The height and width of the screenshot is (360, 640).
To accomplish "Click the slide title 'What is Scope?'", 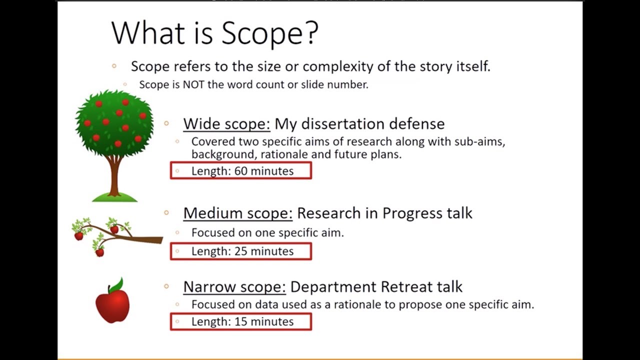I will click(x=214, y=33).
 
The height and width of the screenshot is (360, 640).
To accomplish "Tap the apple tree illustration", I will click(x=114, y=125).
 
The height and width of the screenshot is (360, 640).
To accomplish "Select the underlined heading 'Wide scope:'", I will click(x=226, y=123).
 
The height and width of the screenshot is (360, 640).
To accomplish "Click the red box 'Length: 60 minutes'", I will click(x=241, y=171).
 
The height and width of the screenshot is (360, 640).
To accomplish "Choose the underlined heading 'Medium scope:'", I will click(x=237, y=213).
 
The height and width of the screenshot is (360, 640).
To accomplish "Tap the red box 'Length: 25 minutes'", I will click(x=241, y=251).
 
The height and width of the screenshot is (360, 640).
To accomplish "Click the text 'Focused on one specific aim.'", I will click(x=267, y=232).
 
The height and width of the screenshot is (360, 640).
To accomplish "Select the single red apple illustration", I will click(x=112, y=304).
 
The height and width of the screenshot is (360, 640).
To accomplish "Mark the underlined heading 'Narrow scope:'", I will click(x=234, y=287).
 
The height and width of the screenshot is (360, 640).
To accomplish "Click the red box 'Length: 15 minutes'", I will click(x=241, y=321).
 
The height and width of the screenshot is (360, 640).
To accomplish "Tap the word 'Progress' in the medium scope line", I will click(x=409, y=213).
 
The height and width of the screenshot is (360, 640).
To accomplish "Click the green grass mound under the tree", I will click(x=114, y=197).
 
